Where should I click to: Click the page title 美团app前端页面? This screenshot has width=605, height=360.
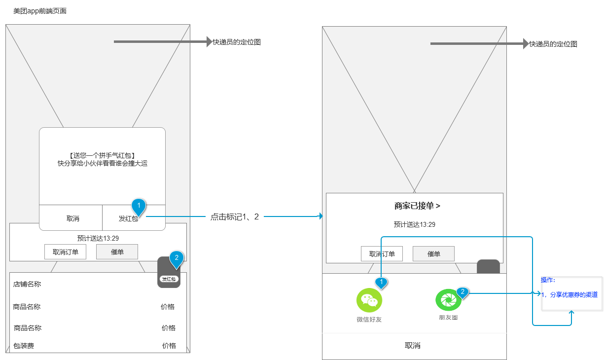point(40,11)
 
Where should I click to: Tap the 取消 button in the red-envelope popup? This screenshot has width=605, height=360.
point(72,218)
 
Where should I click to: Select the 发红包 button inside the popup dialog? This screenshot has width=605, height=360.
point(128,218)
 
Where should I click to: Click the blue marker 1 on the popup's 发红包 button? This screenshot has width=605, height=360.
point(139,206)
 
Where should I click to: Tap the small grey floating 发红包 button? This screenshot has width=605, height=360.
point(169,274)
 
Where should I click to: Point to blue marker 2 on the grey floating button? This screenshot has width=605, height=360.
point(176,258)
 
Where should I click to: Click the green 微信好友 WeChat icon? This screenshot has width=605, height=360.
point(369,300)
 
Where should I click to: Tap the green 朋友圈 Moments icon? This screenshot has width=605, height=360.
point(448,299)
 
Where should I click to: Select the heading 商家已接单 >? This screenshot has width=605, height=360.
point(417,206)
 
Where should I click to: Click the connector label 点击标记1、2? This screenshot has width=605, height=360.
point(235,216)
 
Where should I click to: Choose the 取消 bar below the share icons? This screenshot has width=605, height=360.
point(413,346)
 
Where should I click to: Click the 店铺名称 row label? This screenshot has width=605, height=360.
point(27,284)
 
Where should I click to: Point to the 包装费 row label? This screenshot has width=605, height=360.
point(24,346)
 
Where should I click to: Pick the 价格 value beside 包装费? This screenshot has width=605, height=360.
point(169,346)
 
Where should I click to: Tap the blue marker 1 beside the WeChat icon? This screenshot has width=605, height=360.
point(381,282)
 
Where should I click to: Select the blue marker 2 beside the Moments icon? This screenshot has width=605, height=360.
point(462,292)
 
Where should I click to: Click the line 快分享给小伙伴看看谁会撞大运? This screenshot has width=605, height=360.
point(103,163)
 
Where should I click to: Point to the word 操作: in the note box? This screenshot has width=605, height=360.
point(548,280)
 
